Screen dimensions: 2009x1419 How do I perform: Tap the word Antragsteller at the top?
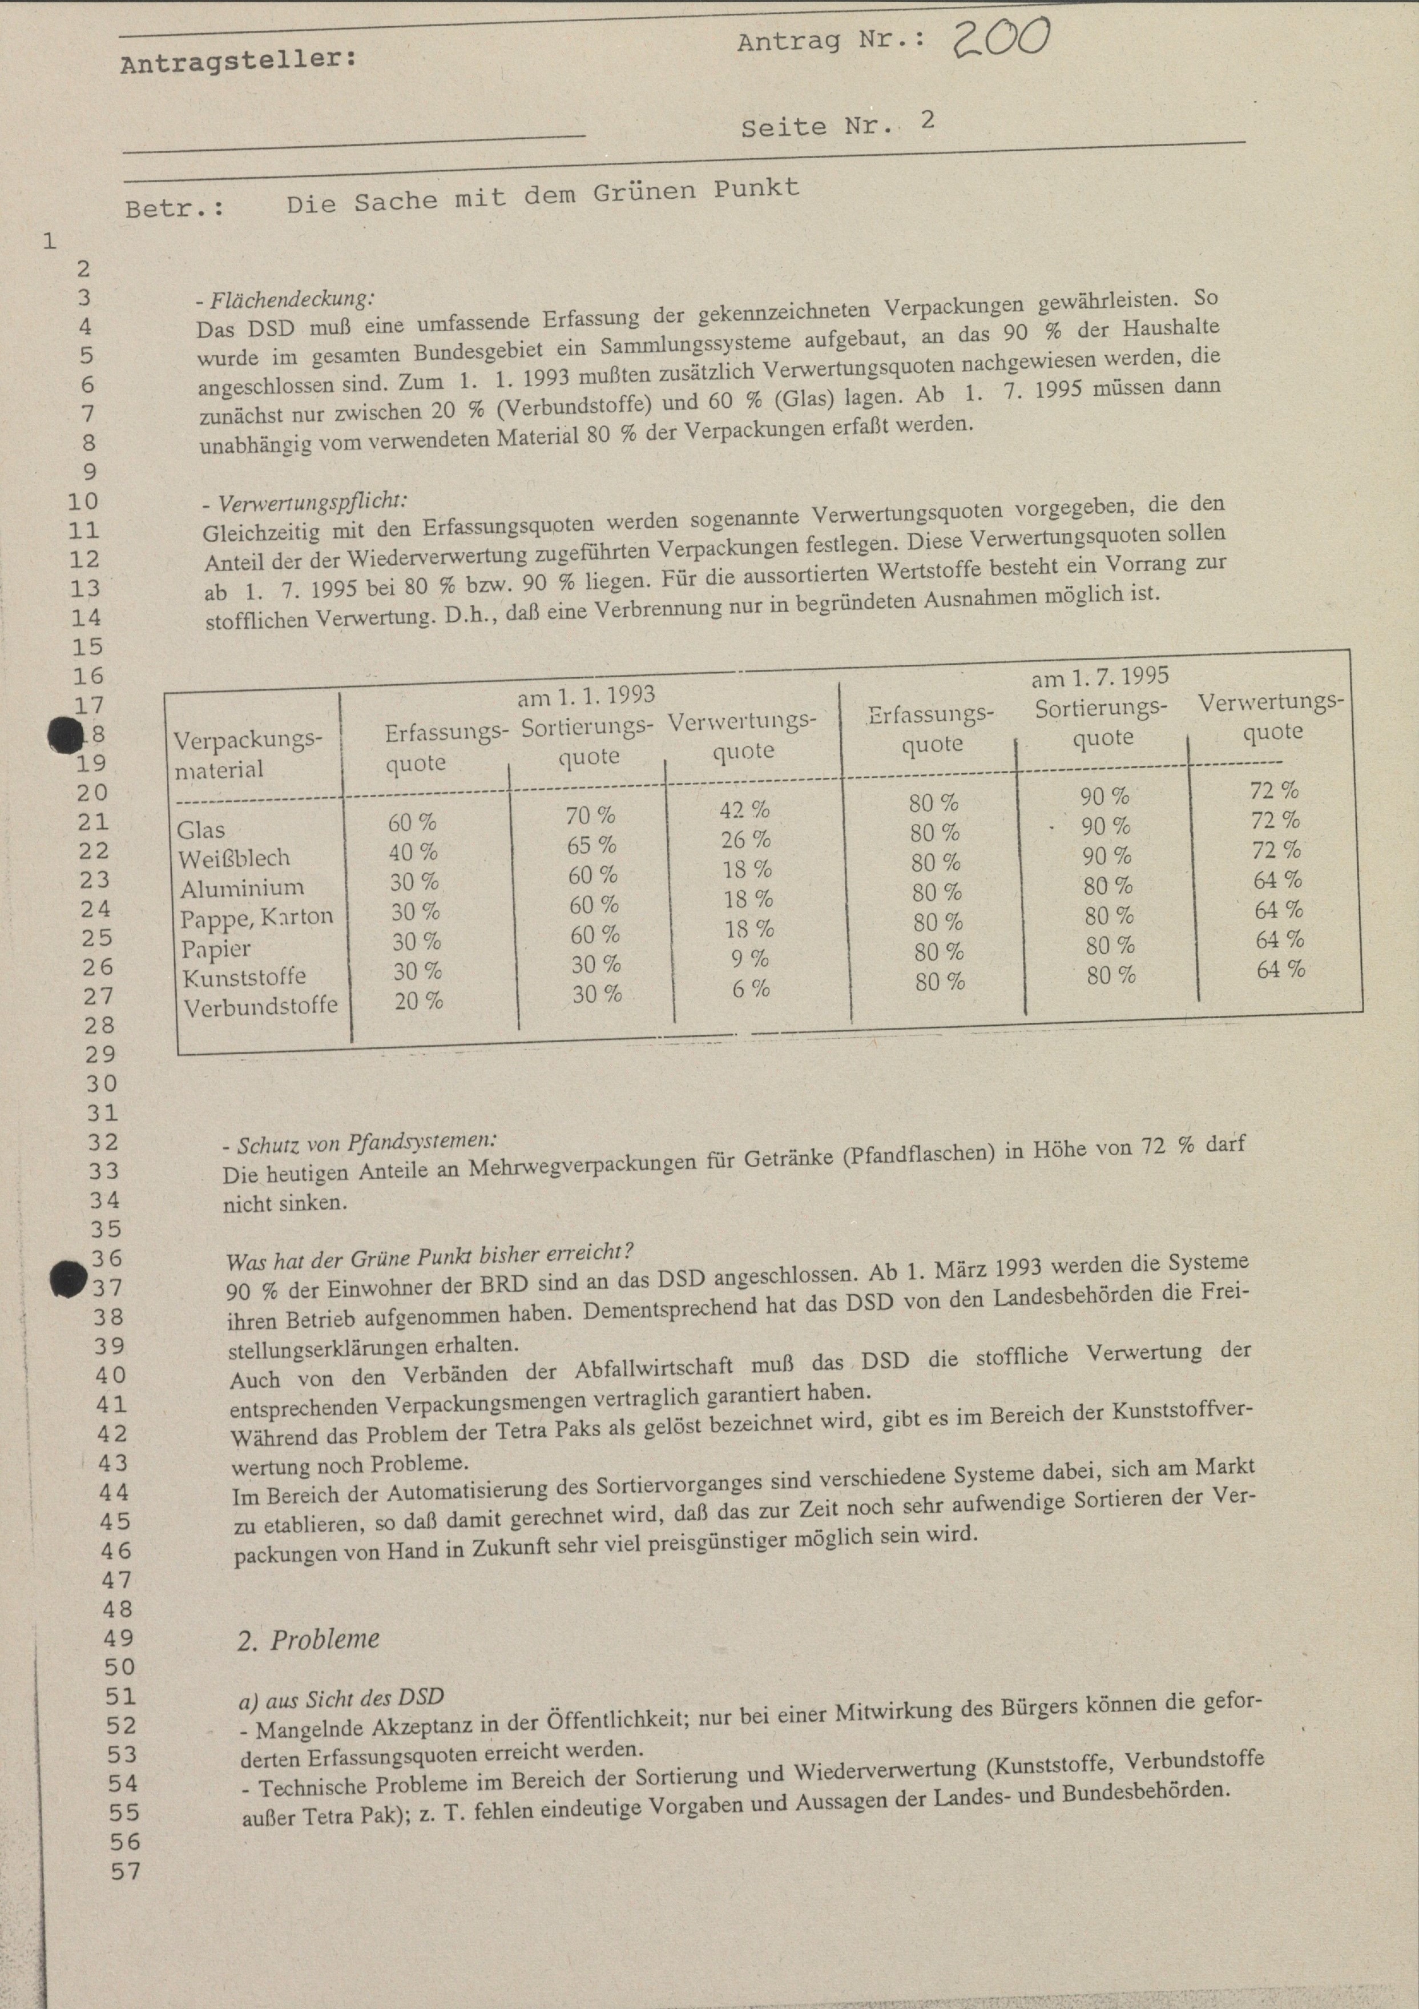click(x=239, y=61)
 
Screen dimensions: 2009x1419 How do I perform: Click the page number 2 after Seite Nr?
click(x=928, y=120)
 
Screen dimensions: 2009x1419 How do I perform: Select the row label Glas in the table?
click(x=200, y=830)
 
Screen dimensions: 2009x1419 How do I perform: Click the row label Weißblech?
click(x=233, y=858)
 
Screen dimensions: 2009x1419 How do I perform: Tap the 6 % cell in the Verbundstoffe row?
click(x=751, y=989)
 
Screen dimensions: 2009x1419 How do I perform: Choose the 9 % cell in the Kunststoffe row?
click(x=750, y=959)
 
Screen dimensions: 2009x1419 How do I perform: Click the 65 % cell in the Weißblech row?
click(x=592, y=845)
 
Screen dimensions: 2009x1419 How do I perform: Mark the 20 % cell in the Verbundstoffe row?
click(x=418, y=1000)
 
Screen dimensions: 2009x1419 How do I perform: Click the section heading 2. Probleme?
click(x=308, y=1639)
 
